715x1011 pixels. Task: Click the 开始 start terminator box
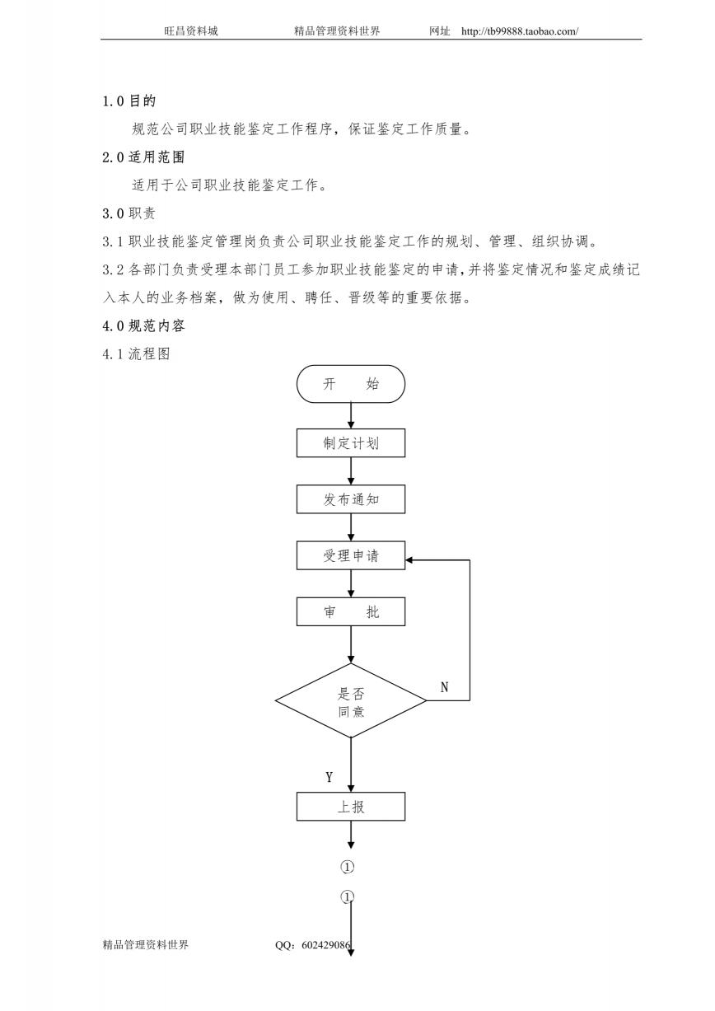[351, 384]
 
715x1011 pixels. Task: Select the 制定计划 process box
[351, 442]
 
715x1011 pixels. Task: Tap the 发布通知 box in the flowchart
[351, 499]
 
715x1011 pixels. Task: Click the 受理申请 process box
[351, 555]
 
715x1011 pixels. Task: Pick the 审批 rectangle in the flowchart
[351, 611]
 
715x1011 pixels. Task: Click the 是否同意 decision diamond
[351, 700]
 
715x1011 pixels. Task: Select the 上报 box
[351, 806]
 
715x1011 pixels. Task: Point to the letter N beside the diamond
[444, 687]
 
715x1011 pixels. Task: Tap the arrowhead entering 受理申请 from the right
[409, 560]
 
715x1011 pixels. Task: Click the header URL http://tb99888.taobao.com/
[520, 31]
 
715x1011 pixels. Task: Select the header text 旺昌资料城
[191, 30]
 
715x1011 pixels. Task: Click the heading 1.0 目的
[129, 101]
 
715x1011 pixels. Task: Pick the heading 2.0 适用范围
[143, 157]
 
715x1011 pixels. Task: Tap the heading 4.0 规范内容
[143, 325]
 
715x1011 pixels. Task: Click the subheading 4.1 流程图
[136, 353]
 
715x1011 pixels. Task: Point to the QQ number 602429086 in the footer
[325, 944]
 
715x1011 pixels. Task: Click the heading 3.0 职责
[129, 213]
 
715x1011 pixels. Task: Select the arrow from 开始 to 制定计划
[351, 415]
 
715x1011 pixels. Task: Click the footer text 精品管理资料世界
[145, 944]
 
